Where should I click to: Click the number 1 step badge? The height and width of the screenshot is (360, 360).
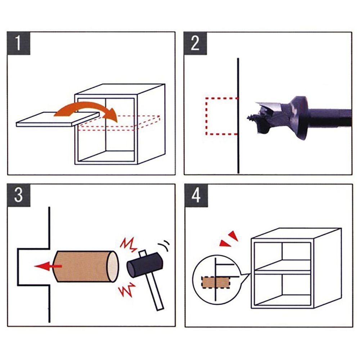(19, 44)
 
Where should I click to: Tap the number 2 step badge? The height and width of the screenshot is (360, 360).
(195, 44)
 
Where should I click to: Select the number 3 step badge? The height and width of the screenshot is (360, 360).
(19, 195)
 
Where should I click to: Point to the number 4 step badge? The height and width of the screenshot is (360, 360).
(196, 195)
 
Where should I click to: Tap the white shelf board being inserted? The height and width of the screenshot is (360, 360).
(57, 120)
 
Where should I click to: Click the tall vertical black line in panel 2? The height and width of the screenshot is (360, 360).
(238, 116)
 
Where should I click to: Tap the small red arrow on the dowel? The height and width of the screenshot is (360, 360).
(48, 266)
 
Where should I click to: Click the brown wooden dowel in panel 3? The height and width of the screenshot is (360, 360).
(86, 266)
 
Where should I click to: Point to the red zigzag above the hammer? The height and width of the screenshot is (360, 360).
(129, 245)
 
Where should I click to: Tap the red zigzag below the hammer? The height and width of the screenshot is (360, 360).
(127, 289)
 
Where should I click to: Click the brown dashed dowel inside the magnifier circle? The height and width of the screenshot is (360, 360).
(216, 283)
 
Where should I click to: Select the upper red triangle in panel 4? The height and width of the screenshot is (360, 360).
(233, 235)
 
